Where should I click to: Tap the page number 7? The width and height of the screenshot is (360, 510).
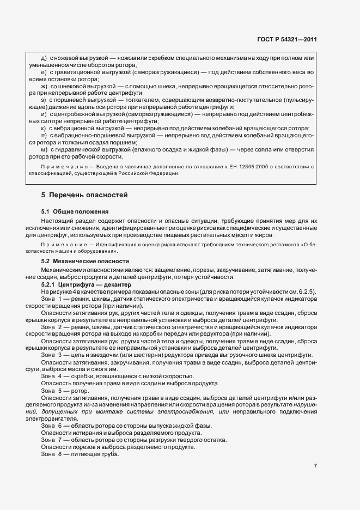tap(315, 465)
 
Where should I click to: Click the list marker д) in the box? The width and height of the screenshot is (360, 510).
tap(44, 58)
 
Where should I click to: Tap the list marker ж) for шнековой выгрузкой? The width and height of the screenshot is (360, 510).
tap(45, 86)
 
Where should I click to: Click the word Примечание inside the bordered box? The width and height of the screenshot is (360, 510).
tap(60, 166)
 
